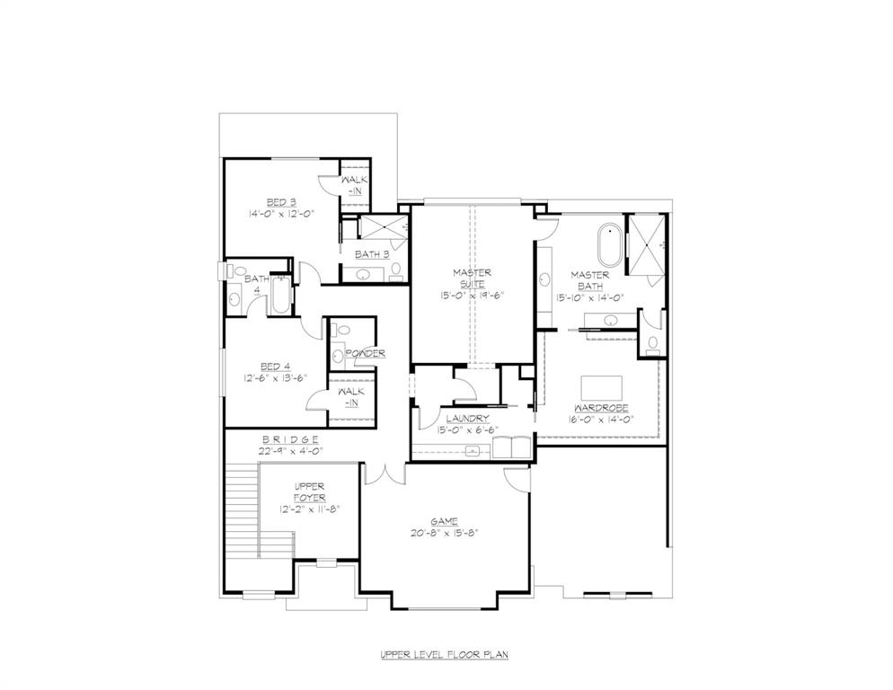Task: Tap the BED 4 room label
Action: click(x=276, y=366)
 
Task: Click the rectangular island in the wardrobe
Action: click(x=602, y=387)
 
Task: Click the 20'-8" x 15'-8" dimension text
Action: click(x=444, y=533)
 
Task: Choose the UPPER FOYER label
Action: click(x=310, y=491)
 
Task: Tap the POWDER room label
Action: click(x=365, y=353)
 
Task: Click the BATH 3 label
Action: click(x=371, y=254)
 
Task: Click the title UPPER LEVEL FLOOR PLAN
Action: click(x=444, y=655)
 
